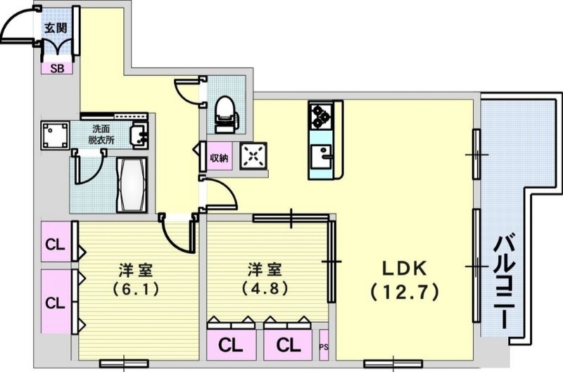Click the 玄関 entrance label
(x=56, y=28)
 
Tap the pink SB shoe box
(x=55, y=68)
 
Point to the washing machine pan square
(x=55, y=134)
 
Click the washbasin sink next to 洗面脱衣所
(x=139, y=132)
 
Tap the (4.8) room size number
(x=265, y=288)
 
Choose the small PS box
(x=324, y=346)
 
